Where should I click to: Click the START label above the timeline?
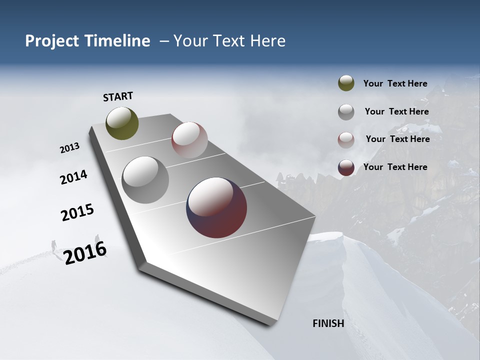pos(118,96)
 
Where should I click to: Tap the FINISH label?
pos(328,323)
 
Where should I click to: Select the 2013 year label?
pos(70,148)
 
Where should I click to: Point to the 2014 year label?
pos(73,177)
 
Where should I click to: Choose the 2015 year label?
pos(77,212)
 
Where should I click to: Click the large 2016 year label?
pos(85,252)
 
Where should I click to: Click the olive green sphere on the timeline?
pos(122,123)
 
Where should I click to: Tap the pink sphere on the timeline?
pos(189,140)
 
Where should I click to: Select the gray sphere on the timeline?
pos(145,180)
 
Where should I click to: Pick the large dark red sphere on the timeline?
pos(216,207)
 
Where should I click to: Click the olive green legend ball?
pos(346,83)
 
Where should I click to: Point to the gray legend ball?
pos(346,112)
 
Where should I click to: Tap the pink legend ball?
pos(346,139)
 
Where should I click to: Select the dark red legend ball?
pos(346,167)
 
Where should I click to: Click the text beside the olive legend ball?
pos(395,84)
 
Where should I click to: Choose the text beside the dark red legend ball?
pos(395,167)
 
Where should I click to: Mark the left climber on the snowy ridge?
pos(53,244)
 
